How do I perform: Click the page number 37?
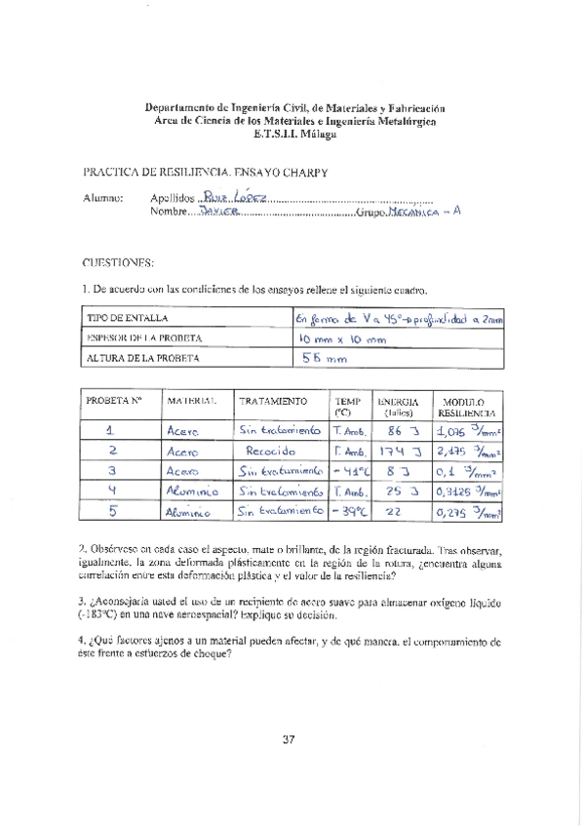tap(289, 738)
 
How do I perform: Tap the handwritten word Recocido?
tap(268, 453)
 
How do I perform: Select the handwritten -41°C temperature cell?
tap(349, 471)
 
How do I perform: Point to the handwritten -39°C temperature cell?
tap(349, 510)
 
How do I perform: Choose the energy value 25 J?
tap(397, 491)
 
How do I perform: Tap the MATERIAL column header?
tap(190, 401)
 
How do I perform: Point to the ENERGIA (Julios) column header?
tap(398, 407)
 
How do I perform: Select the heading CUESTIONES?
tap(118, 262)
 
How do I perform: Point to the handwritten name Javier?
tap(218, 211)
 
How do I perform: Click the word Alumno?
tap(105, 198)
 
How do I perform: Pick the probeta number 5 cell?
tap(110, 509)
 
